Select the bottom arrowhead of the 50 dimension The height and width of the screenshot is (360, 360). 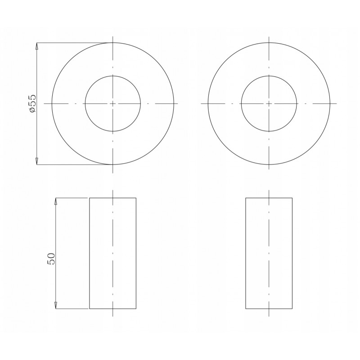tap(55, 306)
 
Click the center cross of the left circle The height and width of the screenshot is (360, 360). tap(113, 103)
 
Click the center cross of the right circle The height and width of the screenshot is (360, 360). tap(269, 103)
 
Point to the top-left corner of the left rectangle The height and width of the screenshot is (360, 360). tap(89, 198)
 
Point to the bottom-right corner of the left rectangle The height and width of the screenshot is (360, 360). tap(136, 309)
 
